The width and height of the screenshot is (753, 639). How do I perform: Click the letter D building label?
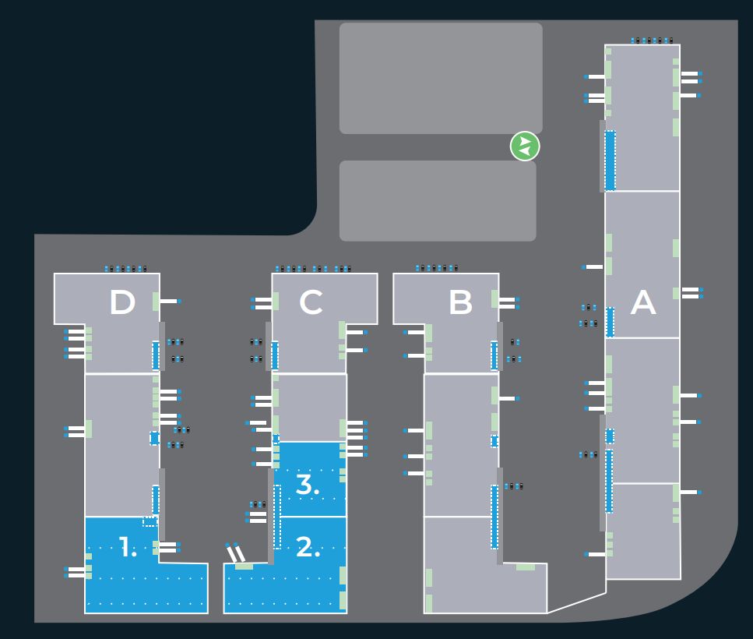point(121,302)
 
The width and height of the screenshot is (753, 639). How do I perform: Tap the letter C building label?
point(311,302)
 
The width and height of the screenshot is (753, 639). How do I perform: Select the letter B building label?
point(461,302)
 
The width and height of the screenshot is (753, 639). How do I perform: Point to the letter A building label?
point(642,302)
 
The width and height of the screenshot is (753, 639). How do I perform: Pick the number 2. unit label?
point(308,548)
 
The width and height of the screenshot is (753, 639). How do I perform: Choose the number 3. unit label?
point(308,485)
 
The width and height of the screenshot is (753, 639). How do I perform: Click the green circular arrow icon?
point(525,146)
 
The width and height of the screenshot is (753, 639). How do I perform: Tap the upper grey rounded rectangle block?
point(441,78)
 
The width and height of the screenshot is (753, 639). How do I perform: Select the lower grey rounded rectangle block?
point(438,201)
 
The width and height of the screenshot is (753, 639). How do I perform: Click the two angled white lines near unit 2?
point(235,553)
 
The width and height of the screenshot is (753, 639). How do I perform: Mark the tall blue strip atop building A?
point(610,161)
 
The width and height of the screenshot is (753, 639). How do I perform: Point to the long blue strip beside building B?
point(494,516)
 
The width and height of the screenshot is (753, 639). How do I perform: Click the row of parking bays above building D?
point(126,269)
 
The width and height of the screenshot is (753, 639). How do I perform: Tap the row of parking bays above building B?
point(437,268)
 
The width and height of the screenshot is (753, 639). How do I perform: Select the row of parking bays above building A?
point(652,40)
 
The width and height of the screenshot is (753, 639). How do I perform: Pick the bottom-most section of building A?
point(643,531)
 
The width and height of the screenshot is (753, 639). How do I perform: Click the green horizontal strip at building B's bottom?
point(526,567)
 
